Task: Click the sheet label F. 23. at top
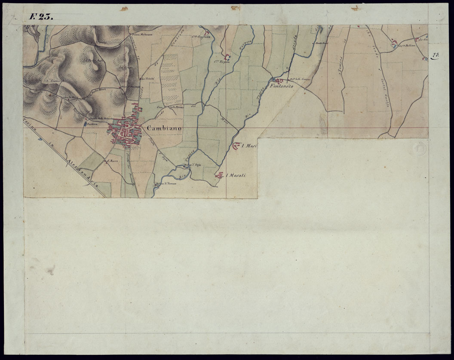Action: click(41, 17)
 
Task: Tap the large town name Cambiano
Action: click(164, 128)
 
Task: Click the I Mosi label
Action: click(249, 146)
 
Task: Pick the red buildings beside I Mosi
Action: click(236, 146)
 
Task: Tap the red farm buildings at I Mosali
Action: click(220, 175)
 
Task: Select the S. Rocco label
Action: click(113, 161)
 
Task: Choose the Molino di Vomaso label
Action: click(166, 183)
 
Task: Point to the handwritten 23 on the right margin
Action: click(435, 55)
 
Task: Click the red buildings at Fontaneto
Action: click(278, 80)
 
